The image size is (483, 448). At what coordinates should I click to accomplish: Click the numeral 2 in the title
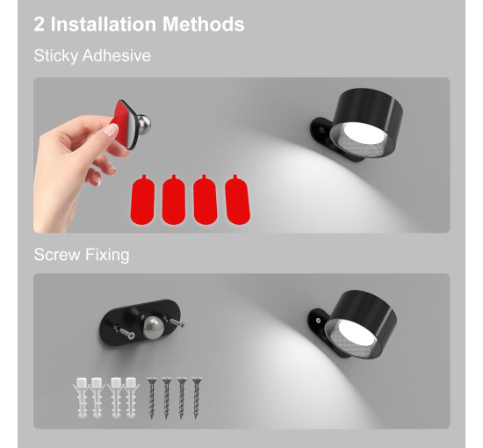[40, 24]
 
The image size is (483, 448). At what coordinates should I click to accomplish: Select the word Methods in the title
[202, 24]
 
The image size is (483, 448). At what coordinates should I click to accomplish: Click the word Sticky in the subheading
[55, 56]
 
